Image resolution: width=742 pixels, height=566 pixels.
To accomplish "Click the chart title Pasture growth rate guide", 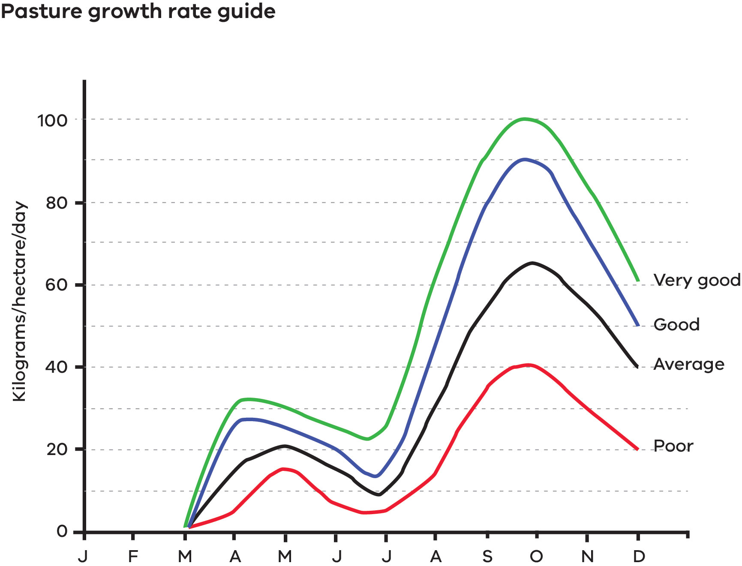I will [138, 12].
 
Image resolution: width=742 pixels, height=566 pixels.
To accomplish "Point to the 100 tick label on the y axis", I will [52, 120].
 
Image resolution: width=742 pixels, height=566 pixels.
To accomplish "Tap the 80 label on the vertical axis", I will [57, 203].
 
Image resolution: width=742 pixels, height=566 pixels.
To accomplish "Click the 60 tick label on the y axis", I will [57, 285].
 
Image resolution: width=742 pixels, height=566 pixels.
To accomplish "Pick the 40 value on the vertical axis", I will [57, 367].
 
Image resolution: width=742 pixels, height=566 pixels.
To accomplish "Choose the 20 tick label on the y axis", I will [57, 449].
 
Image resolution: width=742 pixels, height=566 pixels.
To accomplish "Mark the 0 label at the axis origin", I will [62, 531].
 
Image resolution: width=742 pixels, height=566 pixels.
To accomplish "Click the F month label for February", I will [133, 556].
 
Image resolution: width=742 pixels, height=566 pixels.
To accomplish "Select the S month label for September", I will [487, 556].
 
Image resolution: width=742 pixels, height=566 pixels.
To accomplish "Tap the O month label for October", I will [536, 556].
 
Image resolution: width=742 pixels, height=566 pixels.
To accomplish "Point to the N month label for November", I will [587, 556].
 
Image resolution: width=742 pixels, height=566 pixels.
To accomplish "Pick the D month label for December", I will [639, 556].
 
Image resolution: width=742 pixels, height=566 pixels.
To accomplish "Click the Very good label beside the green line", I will [697, 280].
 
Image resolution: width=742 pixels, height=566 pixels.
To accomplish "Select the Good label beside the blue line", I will [676, 325].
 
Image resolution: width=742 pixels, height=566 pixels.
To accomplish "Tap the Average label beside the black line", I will [689, 364].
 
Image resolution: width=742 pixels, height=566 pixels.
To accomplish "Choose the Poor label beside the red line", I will [673, 446].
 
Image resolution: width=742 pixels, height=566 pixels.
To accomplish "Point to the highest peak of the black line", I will [532, 263].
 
